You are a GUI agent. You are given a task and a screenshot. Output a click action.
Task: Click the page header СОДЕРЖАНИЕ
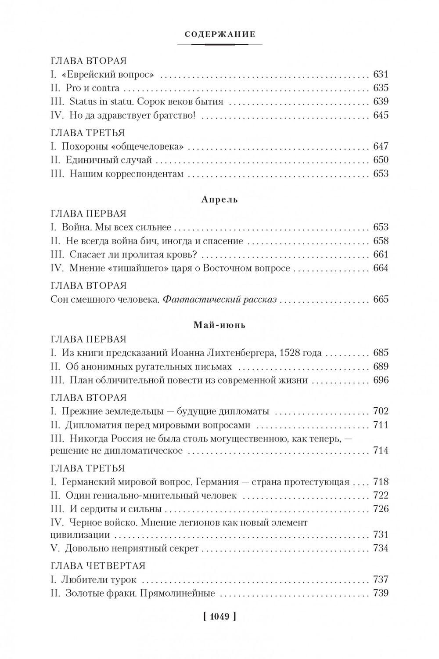click(x=219, y=34)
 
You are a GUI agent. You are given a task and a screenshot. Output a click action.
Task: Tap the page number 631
click(x=380, y=75)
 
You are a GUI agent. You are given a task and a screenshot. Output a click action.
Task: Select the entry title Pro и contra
click(x=92, y=88)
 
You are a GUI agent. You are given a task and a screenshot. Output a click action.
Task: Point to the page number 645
click(x=380, y=116)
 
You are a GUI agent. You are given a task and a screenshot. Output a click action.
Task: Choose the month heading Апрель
click(x=219, y=199)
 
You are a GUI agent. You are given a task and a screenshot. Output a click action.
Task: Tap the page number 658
click(x=380, y=241)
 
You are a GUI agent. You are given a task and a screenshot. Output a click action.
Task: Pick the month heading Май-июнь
click(x=219, y=326)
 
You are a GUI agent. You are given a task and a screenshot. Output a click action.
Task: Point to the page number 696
click(x=380, y=380)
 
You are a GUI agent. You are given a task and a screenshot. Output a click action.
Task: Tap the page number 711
click(x=380, y=425)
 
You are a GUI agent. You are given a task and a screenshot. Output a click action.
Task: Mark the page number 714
click(x=380, y=450)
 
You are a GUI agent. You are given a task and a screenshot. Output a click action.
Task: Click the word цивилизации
click(x=80, y=535)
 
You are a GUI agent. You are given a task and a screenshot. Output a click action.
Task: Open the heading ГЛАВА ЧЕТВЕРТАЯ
click(x=98, y=566)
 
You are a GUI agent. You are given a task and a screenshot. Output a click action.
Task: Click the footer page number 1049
click(x=219, y=616)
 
